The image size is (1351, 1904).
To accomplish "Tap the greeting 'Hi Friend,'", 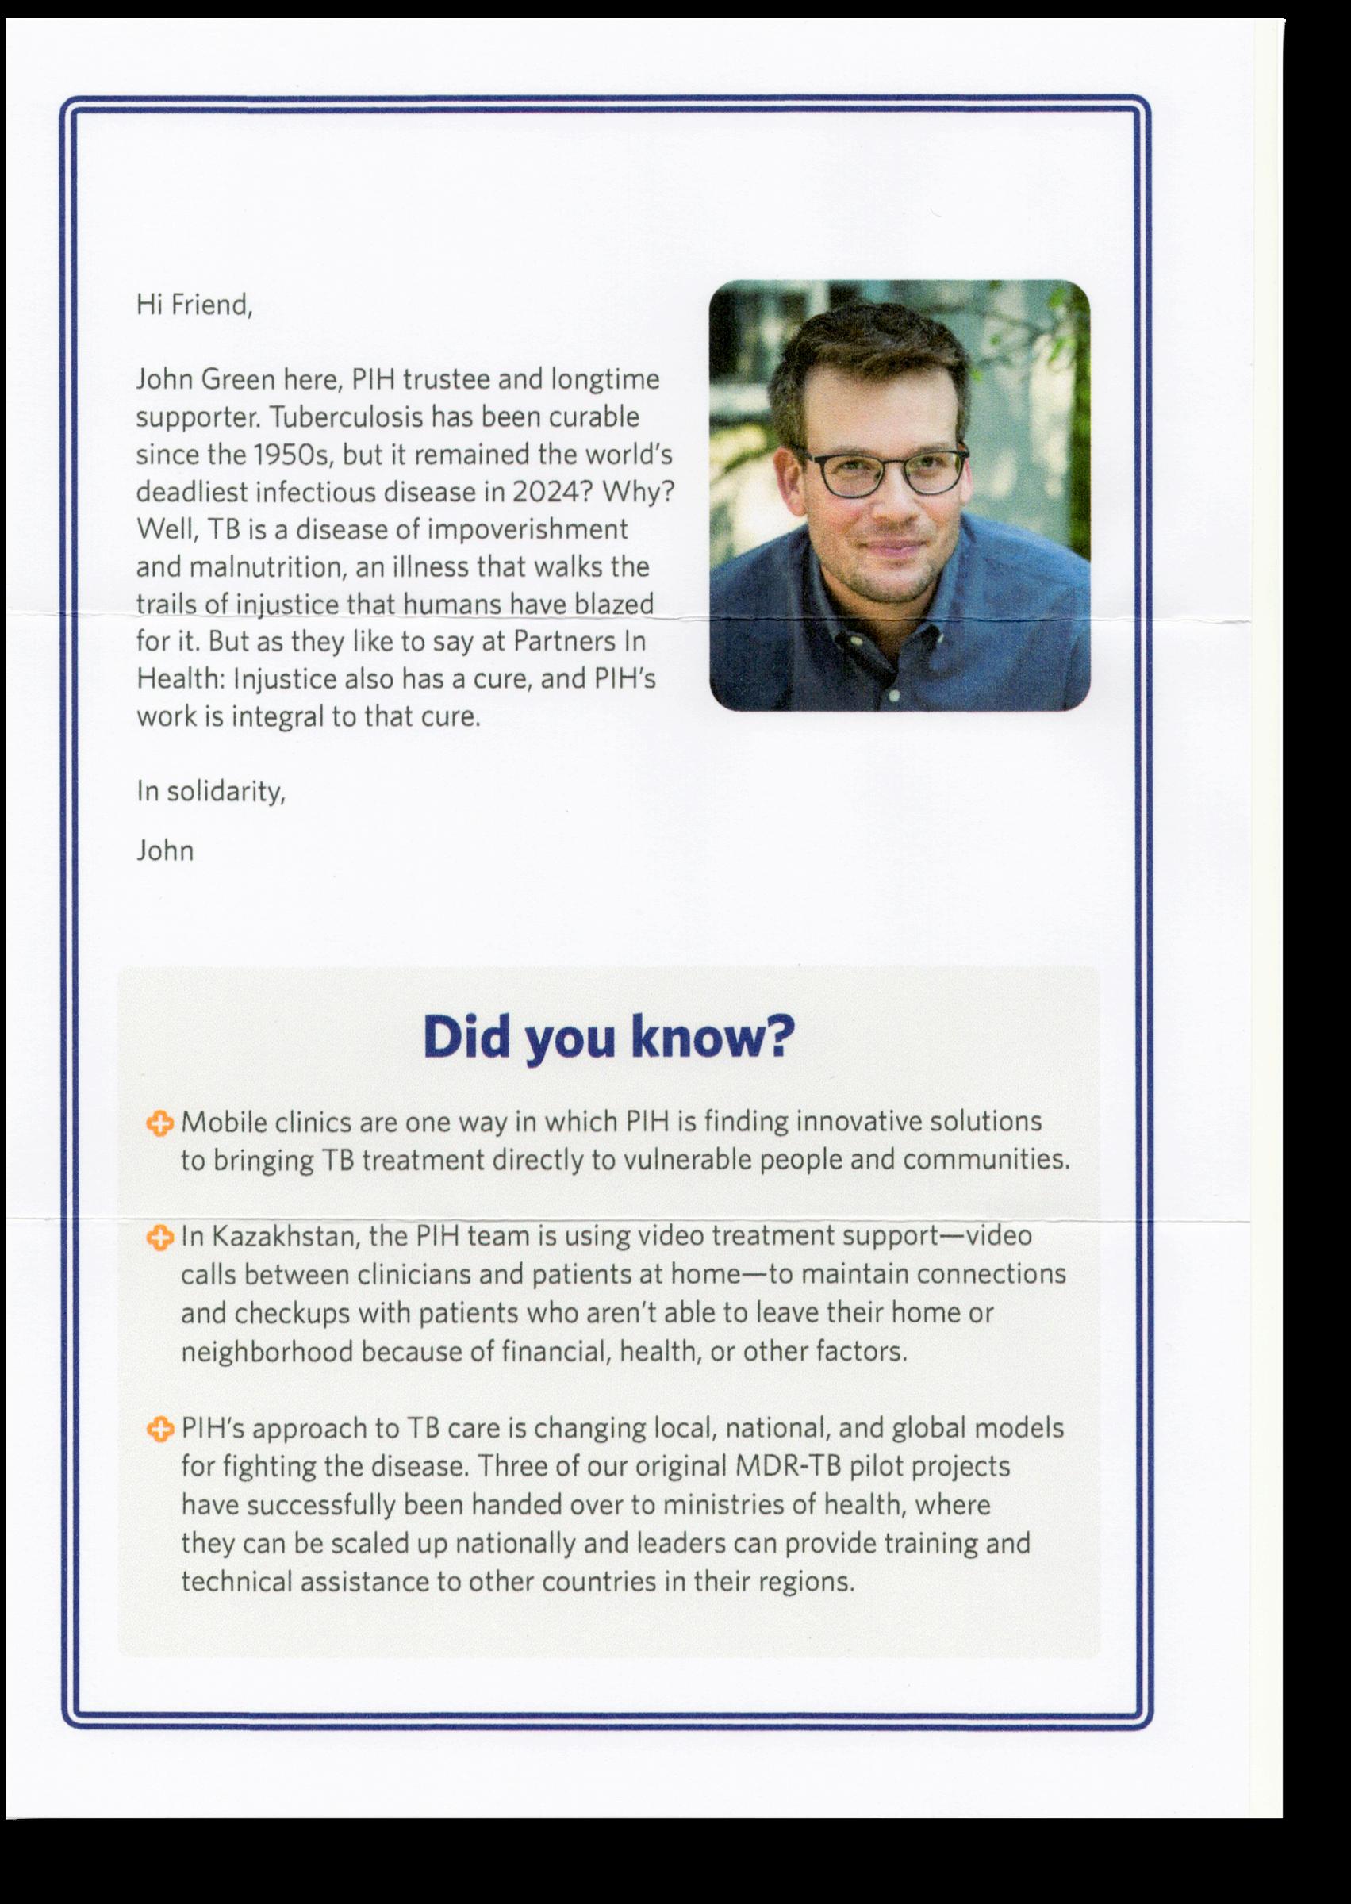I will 194,305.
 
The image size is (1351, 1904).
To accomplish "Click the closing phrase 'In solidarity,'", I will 211,791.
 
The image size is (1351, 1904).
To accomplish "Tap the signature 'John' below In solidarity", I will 165,851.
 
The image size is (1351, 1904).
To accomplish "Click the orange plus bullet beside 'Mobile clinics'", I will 159,1124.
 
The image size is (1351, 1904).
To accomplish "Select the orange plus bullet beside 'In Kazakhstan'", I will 159,1238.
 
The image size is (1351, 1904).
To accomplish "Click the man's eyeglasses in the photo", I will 880,474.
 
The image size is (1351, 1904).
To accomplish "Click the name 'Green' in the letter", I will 237,380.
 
